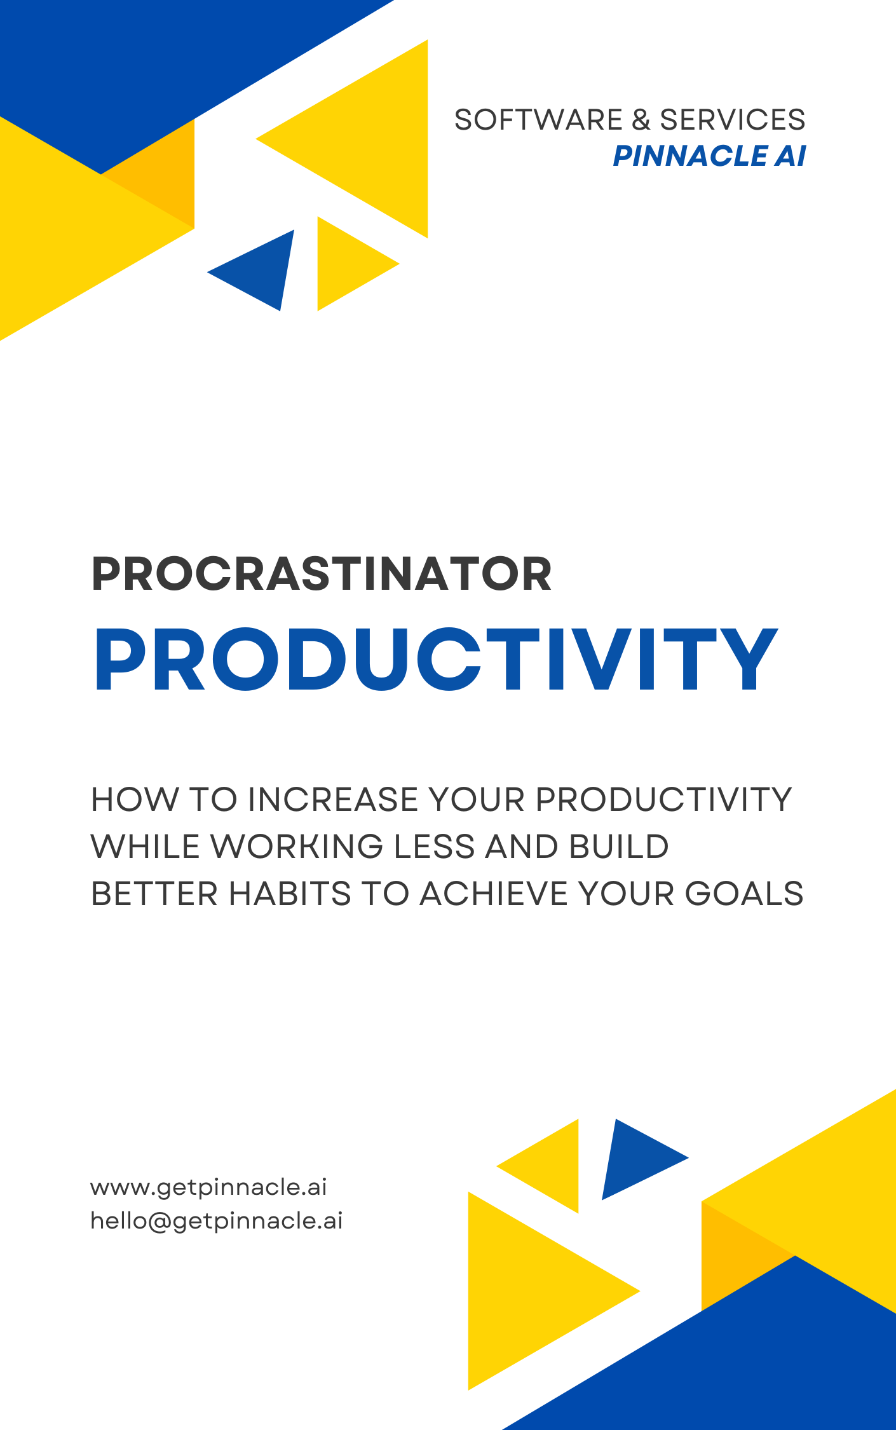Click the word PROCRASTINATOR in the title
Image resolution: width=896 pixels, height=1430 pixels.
pos(322,574)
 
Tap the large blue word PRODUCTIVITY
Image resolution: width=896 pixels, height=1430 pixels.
pos(436,658)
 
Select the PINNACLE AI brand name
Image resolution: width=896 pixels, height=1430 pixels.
pos(709,156)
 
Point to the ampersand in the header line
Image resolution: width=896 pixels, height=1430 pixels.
pos(641,119)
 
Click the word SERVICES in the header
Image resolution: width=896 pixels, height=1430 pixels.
pos(733,119)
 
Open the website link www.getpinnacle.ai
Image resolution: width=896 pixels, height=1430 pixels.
pos(208,1187)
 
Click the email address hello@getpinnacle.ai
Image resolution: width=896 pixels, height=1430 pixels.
pos(217,1221)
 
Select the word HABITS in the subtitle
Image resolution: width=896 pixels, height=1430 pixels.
pos(290,893)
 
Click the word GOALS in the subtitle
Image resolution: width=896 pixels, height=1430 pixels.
pos(744,893)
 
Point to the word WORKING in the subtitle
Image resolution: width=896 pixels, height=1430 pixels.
pos(297,846)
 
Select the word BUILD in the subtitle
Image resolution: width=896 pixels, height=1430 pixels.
pos(619,846)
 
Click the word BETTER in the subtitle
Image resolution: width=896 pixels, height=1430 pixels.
pos(154,893)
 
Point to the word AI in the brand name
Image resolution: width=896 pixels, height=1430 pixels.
pos(790,156)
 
